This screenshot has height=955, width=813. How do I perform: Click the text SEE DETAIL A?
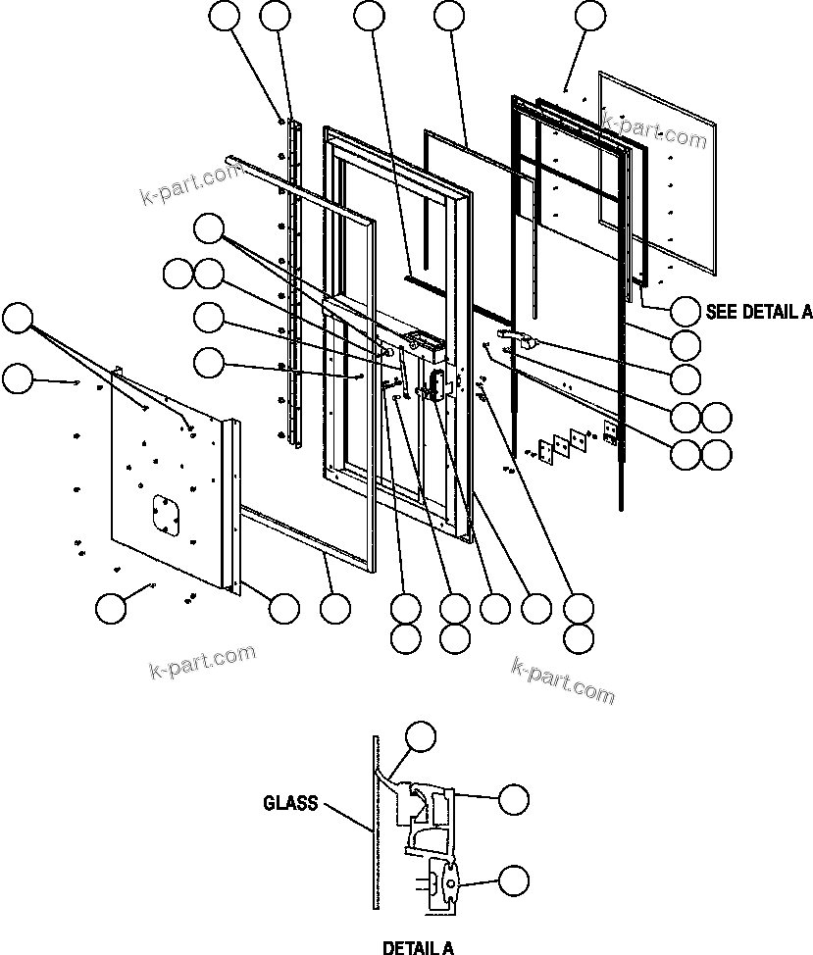(759, 312)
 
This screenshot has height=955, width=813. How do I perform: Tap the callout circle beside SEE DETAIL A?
(686, 312)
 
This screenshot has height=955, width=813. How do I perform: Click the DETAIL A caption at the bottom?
(418, 947)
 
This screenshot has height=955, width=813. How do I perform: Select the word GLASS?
(290, 803)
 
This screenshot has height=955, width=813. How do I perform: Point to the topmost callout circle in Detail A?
(422, 736)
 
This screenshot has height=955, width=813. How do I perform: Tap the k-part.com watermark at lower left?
(202, 662)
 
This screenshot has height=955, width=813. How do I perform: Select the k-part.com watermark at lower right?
(563, 679)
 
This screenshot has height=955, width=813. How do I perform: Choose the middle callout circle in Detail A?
(513, 799)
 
